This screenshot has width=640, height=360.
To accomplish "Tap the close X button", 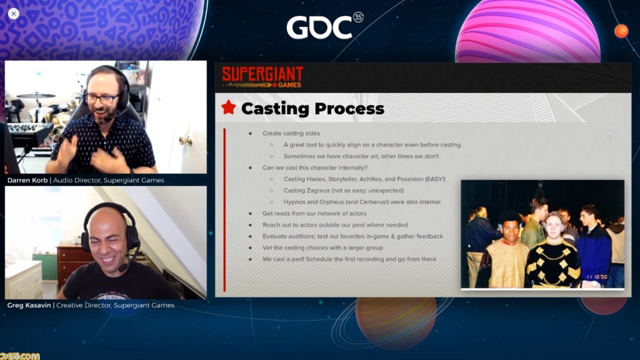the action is click(13, 13).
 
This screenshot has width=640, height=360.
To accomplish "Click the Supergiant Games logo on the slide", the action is click(262, 77).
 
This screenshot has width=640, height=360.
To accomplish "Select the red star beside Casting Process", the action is click(228, 107).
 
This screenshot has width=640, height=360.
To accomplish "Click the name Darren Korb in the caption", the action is click(27, 180).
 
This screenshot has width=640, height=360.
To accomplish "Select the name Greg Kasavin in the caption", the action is click(29, 305).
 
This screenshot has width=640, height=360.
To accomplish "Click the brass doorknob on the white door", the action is click(185, 140).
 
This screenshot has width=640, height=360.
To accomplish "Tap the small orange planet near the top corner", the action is click(621, 31).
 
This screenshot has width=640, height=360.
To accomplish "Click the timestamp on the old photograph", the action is click(597, 277).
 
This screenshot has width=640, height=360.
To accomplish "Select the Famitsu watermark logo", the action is click(19, 356).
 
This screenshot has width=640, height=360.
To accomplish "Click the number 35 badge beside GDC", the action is click(358, 17).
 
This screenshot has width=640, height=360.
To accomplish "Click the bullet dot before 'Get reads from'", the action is click(250, 213).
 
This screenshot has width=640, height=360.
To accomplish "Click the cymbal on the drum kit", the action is click(36, 95).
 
